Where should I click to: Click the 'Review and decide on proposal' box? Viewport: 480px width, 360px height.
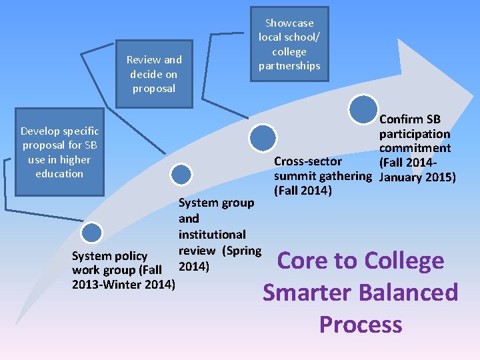(154, 73)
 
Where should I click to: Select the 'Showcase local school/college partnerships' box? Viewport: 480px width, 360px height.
(289, 44)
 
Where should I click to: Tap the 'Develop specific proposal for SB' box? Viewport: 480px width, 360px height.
(59, 152)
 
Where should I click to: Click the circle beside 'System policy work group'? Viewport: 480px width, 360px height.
(91, 233)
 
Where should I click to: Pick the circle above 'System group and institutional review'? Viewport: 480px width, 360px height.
(181, 174)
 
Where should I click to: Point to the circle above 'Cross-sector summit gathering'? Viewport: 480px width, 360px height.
(262, 138)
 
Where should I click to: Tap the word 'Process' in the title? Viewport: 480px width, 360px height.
(361, 324)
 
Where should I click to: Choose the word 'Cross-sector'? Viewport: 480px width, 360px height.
(308, 161)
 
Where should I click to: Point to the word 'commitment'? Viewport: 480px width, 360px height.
(415, 148)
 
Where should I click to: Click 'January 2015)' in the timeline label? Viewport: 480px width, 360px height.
(417, 177)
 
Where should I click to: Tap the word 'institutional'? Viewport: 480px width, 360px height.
(212, 235)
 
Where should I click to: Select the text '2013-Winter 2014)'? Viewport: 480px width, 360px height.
(123, 285)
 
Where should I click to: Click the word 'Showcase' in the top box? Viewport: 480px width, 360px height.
(289, 23)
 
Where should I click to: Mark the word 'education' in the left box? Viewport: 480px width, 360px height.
(59, 173)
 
